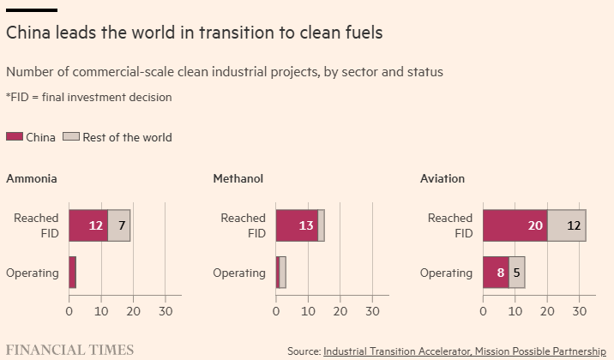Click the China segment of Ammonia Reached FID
(x=88, y=225)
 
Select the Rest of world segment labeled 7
(x=119, y=225)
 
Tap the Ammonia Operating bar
(x=73, y=273)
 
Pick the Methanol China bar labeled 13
(x=297, y=225)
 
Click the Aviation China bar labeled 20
(x=515, y=225)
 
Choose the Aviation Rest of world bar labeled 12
(x=567, y=225)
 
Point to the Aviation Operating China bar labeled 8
(x=496, y=273)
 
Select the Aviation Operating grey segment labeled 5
(x=516, y=273)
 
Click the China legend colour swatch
(x=15, y=137)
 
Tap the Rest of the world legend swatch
(x=72, y=137)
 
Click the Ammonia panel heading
(x=32, y=179)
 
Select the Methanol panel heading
(x=238, y=179)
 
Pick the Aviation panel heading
(x=442, y=179)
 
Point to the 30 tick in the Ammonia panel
(x=166, y=311)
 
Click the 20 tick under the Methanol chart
(x=340, y=311)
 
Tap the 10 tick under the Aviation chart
(x=515, y=311)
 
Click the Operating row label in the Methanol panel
(x=239, y=273)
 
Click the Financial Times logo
(x=69, y=349)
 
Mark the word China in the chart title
(x=26, y=33)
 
